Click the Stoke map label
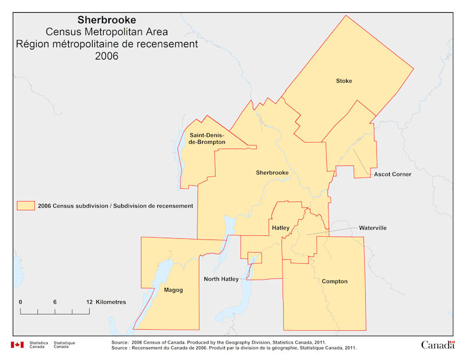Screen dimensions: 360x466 point(344,80)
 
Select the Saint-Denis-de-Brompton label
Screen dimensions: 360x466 point(207,138)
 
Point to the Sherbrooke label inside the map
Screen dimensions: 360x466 point(272,172)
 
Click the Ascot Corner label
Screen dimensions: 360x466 point(393,174)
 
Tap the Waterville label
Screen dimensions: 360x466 point(373,228)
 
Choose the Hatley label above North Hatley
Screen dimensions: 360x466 point(280,228)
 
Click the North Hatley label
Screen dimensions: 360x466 point(221,279)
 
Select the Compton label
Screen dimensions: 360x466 point(334,281)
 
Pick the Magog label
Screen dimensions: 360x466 point(174,290)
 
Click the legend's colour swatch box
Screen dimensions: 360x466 point(25,206)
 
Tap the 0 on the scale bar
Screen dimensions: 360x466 point(20,302)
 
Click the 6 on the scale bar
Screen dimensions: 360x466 point(55,302)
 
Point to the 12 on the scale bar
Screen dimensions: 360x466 point(89,302)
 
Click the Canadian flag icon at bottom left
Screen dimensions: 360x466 point(17,345)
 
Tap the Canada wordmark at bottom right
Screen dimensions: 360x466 point(437,345)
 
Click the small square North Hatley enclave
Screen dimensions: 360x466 point(254,257)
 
